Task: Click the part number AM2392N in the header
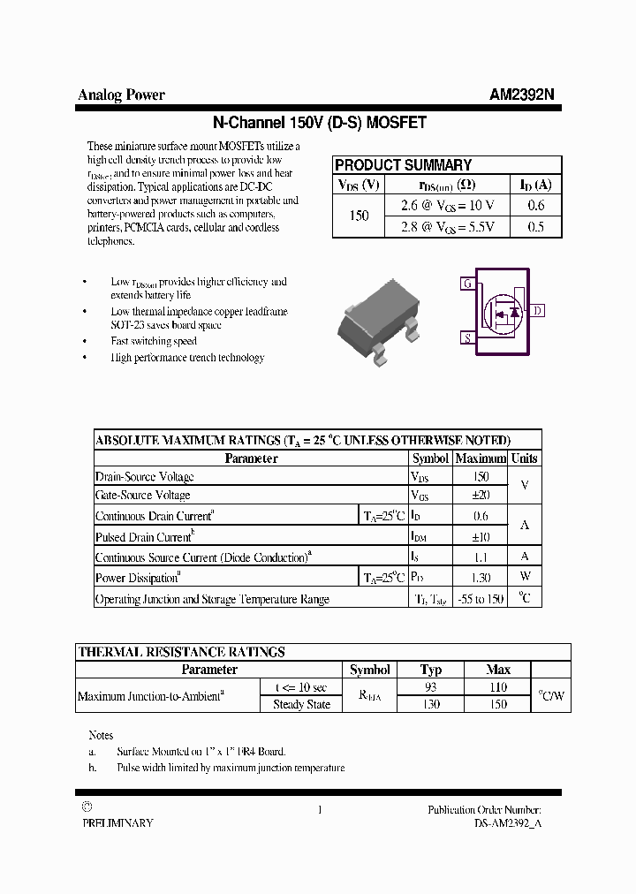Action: click(x=521, y=95)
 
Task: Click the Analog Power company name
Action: click(x=121, y=95)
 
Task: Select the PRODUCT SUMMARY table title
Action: click(x=404, y=165)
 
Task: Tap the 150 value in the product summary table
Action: click(x=359, y=216)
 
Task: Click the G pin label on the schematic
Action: click(x=466, y=284)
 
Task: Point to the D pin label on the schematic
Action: click(x=538, y=310)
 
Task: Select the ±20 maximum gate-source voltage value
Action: click(x=481, y=496)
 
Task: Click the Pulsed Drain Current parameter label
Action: click(x=144, y=537)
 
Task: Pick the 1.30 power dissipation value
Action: click(x=481, y=578)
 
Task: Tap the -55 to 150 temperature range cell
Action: click(x=481, y=599)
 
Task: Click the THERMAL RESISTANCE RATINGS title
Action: click(x=181, y=652)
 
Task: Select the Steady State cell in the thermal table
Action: click(x=301, y=705)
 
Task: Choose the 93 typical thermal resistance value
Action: click(x=431, y=687)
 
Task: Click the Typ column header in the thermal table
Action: click(x=431, y=670)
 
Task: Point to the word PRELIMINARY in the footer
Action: click(x=117, y=822)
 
